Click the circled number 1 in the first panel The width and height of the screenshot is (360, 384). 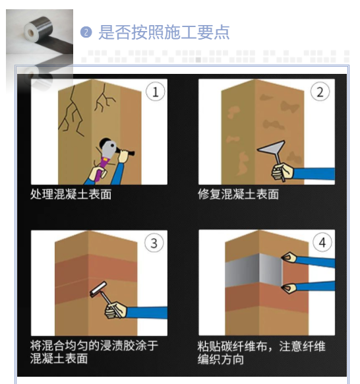155,92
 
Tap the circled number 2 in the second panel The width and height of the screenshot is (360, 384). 320,92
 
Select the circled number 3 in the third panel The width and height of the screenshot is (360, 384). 154,243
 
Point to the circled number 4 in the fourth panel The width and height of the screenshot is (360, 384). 322,242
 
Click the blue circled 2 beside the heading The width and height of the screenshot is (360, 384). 86,32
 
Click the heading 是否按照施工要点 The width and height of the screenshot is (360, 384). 164,32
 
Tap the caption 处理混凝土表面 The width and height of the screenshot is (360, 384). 71,194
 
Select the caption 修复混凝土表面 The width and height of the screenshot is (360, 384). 238,194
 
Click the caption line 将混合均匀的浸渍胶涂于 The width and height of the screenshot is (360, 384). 94,346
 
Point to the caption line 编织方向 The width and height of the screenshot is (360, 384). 220,360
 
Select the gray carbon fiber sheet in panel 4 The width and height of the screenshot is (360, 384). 254,271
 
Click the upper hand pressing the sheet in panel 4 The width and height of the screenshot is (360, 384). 289,257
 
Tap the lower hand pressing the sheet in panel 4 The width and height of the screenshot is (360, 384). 289,288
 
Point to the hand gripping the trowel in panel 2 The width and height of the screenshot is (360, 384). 283,171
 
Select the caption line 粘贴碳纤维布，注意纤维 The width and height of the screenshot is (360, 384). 261,346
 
